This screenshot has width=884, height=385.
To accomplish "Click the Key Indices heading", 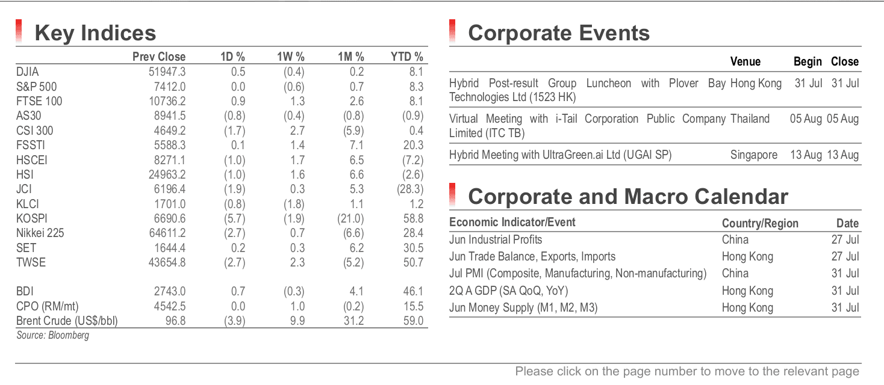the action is [95, 32].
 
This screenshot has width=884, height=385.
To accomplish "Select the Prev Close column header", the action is [158, 57].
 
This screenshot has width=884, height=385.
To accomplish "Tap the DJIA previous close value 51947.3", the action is [167, 72].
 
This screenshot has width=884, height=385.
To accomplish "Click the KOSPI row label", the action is [31, 218].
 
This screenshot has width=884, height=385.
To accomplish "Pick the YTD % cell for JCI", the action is [410, 189].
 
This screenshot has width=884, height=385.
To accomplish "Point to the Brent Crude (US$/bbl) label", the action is [67, 321].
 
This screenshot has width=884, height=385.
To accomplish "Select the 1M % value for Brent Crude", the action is [353, 321].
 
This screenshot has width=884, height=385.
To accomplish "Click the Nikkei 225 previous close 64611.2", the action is [167, 233].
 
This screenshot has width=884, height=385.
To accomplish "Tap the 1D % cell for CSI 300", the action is [234, 131].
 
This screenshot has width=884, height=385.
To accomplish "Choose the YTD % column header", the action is [406, 57].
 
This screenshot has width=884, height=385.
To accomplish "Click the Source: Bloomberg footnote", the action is [52, 335].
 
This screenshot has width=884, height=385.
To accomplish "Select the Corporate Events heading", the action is [558, 32].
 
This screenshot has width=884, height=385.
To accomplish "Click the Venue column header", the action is [745, 61].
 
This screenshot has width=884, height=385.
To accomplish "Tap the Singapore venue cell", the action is [754, 155].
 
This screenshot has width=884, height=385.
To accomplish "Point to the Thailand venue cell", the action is [750, 119].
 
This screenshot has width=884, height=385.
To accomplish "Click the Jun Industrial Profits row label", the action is [495, 239].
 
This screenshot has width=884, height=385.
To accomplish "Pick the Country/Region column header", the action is [760, 223].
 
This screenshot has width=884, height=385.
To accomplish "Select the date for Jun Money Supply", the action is [845, 307].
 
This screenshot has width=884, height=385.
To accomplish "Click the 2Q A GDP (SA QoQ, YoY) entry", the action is [508, 291].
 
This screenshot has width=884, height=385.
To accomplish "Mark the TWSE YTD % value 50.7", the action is [413, 262].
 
